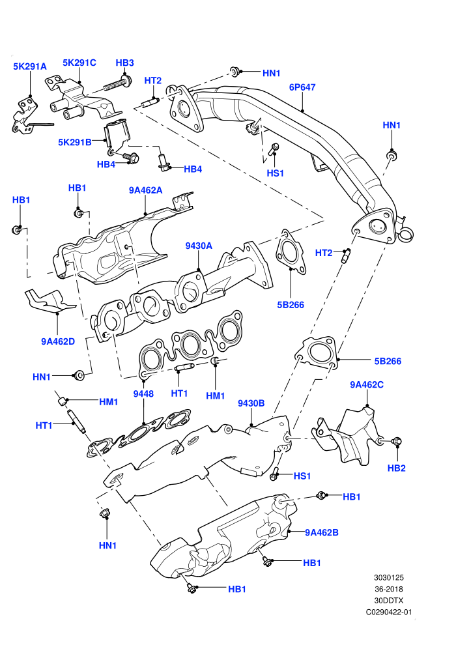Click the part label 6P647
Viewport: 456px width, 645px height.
pos(302,87)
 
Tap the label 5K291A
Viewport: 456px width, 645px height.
pos(30,66)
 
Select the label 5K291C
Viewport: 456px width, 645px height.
pos(79,63)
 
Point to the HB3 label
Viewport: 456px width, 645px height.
pos(124,63)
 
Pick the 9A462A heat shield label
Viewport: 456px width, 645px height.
pos(145,190)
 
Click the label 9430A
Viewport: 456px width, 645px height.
pos(199,246)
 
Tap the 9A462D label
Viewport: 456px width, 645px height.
pos(58,341)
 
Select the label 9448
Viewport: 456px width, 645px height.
pos(143,394)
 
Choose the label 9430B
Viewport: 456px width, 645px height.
pos(251,403)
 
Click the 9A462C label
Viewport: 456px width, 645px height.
pos(367,384)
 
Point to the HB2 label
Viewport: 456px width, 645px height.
pos(396,468)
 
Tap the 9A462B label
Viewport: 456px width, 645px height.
pos(322,533)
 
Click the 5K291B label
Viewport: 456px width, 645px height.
pos(75,142)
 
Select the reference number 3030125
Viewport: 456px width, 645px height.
pos(388,577)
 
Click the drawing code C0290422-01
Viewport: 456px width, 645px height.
pos(388,612)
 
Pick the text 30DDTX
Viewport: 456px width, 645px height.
pos(388,601)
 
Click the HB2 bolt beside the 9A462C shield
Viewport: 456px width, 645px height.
pos(394,441)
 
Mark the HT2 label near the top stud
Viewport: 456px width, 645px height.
pos(153,81)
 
